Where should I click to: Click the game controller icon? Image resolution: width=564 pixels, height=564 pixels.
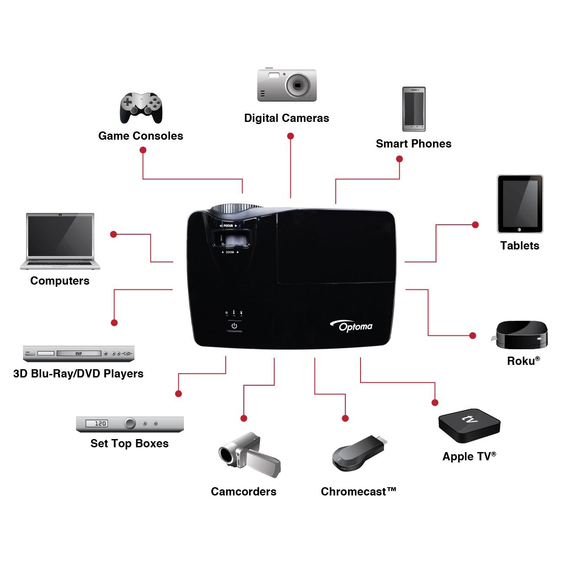click(x=141, y=107)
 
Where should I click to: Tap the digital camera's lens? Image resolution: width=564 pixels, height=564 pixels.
click(x=298, y=85)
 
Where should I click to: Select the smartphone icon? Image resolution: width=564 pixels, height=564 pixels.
click(x=414, y=109)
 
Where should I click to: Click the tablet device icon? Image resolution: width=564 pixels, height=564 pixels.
click(x=520, y=204)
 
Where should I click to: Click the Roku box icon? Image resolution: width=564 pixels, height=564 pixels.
click(x=522, y=334)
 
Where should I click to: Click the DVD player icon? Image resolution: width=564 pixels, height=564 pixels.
click(x=79, y=354)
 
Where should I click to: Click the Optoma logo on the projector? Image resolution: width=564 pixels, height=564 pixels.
click(x=352, y=326)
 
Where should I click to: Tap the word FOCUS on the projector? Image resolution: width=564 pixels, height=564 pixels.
click(x=228, y=226)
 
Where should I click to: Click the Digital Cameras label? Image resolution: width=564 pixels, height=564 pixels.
click(x=286, y=118)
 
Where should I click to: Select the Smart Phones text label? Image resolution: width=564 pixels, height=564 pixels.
click(x=413, y=144)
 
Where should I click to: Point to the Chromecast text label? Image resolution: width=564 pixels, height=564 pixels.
click(x=358, y=492)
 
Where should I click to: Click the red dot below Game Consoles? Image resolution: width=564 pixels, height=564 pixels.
click(x=143, y=150)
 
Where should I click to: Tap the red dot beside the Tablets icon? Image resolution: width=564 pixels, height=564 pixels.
click(x=475, y=225)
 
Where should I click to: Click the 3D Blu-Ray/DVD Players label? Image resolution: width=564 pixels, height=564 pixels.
click(x=78, y=374)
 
